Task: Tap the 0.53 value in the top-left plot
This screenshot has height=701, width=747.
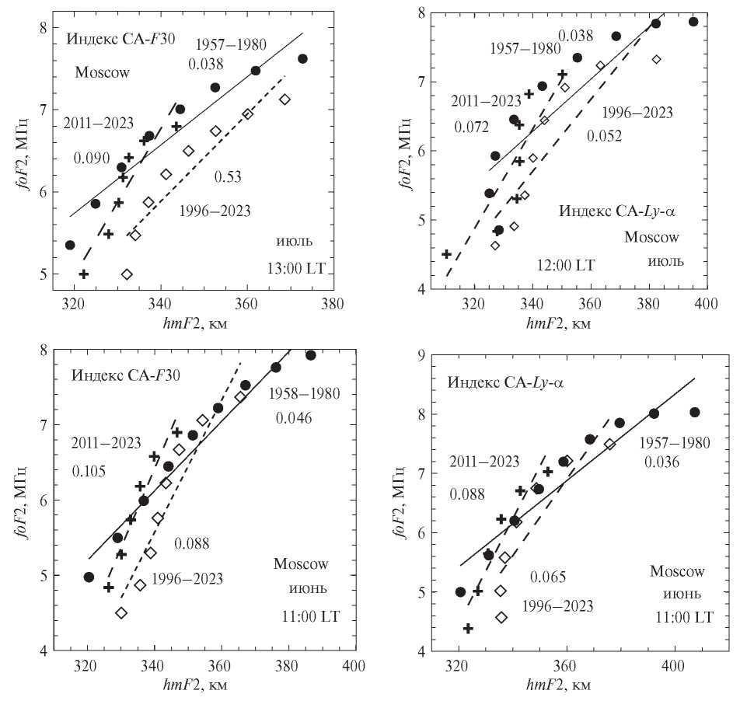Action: (229, 177)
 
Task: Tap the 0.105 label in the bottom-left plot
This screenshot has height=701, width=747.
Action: (90, 471)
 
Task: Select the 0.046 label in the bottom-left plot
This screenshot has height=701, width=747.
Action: (293, 418)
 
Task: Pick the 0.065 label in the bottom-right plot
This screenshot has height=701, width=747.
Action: (549, 577)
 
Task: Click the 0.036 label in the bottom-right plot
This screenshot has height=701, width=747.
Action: (661, 463)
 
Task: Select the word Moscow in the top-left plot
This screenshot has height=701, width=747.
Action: (101, 73)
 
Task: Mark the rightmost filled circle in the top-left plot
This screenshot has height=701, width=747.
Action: (302, 59)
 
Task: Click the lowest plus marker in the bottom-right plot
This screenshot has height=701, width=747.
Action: (469, 628)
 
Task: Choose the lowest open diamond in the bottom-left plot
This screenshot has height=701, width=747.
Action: (121, 612)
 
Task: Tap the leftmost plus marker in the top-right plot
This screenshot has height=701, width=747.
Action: (447, 254)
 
